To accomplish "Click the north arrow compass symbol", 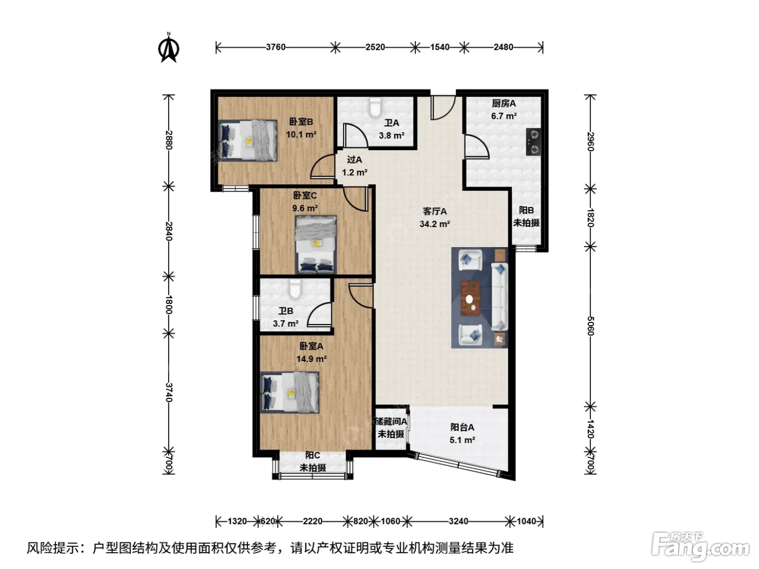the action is click(169, 48).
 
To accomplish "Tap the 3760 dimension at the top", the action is click(275, 47).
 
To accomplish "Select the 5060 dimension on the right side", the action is click(590, 326).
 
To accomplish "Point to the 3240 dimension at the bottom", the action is click(459, 521).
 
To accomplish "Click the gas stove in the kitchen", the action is click(533, 141).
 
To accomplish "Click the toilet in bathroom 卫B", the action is click(295, 289).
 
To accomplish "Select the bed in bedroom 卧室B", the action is click(248, 140).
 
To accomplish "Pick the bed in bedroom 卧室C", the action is click(316, 244).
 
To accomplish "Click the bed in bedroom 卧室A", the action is click(290, 392).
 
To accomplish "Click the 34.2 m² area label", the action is click(435, 224).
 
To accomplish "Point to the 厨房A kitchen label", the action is click(504, 104).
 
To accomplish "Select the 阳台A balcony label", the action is click(462, 428).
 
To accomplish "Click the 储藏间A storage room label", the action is click(391, 422).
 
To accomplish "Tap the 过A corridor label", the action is click(355, 160).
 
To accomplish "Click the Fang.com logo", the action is click(700, 547).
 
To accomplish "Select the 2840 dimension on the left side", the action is click(169, 231).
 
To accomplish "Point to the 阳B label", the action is click(526, 210).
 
